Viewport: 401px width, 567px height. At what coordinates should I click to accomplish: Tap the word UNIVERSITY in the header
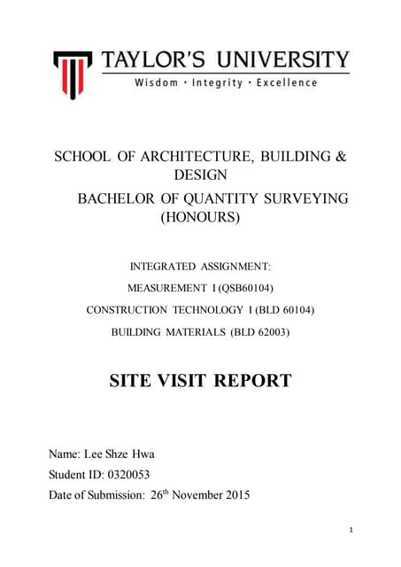click(279, 60)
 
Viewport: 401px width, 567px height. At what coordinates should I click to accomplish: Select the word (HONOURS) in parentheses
click(199, 216)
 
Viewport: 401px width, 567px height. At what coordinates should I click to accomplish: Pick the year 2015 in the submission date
click(234, 495)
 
